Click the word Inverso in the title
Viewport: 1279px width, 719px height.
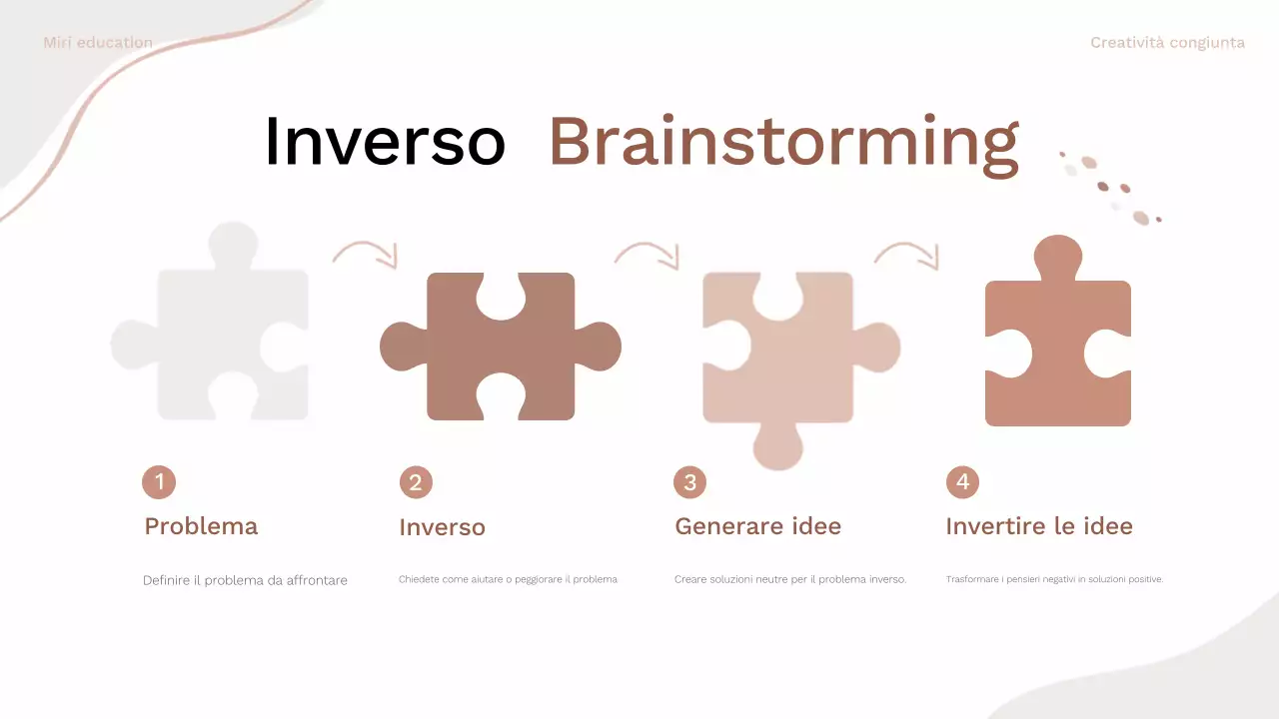tap(385, 142)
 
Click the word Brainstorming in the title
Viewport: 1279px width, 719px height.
tap(783, 143)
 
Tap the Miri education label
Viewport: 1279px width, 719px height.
tap(98, 43)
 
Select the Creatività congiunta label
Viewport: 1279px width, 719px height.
tap(1167, 43)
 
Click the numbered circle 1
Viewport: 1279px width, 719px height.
tap(159, 482)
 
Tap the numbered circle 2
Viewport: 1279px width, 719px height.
tap(416, 483)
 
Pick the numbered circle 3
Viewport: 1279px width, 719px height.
tap(689, 483)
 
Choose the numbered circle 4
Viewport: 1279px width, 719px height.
tap(962, 482)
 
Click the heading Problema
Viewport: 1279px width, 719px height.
tap(201, 526)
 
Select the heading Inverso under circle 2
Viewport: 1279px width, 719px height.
tap(442, 527)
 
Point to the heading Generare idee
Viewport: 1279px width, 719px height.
tap(757, 526)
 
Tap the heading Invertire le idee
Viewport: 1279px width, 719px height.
tap(1039, 526)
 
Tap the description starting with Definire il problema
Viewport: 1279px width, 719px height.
tap(245, 580)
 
